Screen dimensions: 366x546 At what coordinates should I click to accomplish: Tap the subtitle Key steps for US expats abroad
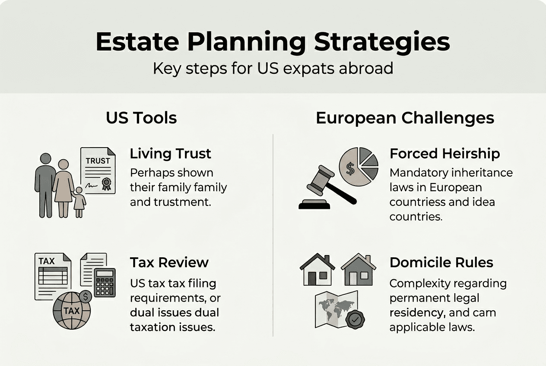[273, 69]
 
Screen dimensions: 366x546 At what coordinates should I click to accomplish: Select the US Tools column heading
[141, 118]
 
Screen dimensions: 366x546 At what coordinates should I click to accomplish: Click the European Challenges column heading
[405, 118]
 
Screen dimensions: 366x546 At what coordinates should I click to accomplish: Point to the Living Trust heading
[171, 154]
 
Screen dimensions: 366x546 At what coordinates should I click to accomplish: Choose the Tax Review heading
[169, 262]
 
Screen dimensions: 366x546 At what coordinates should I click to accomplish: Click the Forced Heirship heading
[444, 154]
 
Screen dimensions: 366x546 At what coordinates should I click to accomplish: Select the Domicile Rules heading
[441, 262]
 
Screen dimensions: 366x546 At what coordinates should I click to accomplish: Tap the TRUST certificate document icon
[98, 170]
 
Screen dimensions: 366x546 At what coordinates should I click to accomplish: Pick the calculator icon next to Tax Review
[105, 282]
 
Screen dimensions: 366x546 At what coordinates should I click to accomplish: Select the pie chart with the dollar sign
[358, 167]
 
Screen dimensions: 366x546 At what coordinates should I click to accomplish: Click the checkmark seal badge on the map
[356, 320]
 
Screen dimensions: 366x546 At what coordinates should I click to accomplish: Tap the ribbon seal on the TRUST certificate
[106, 184]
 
